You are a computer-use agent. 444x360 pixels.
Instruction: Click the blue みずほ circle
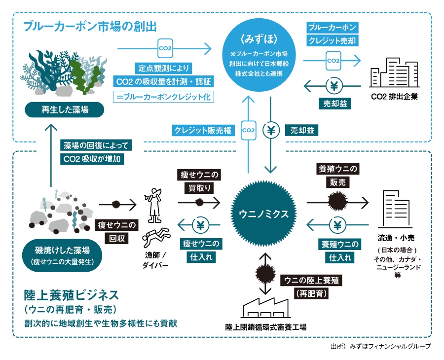point(259,55)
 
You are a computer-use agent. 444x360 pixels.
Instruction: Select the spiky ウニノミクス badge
point(263,214)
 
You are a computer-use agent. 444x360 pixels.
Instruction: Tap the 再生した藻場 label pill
point(65,109)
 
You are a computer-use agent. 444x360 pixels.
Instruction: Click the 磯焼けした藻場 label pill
point(62,255)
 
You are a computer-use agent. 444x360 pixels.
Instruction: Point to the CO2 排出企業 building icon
point(394,72)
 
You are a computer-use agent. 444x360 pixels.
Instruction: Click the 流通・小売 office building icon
point(395,209)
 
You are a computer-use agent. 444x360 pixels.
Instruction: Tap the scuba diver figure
point(156,237)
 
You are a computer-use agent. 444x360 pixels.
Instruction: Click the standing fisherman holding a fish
point(154,205)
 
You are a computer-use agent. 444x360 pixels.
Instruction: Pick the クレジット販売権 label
point(203,130)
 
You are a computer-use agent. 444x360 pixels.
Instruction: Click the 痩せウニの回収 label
point(116,231)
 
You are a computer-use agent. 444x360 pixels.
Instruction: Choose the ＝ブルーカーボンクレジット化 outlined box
point(163,97)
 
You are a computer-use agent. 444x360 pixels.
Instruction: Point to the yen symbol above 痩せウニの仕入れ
point(200,225)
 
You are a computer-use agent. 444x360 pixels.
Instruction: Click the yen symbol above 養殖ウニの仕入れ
point(337,225)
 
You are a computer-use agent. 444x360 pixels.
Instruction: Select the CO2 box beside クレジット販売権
point(248,130)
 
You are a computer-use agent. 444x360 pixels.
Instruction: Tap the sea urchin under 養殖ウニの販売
point(337,201)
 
